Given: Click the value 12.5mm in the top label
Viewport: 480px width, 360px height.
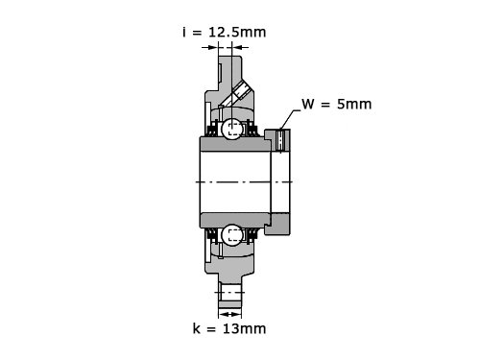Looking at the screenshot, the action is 237,33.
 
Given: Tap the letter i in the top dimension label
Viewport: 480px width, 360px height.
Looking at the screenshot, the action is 184,33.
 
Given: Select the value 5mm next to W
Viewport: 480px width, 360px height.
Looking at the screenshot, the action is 354,105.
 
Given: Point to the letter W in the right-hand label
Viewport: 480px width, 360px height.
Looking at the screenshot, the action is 308,105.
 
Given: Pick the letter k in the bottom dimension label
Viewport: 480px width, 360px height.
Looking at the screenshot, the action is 196,328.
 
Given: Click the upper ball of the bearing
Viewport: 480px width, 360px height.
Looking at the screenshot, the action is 232,129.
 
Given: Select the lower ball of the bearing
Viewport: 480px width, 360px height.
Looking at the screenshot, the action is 232,235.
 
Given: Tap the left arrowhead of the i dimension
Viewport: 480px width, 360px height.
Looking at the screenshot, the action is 213,48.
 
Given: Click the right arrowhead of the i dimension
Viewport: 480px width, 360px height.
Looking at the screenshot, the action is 236,48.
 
